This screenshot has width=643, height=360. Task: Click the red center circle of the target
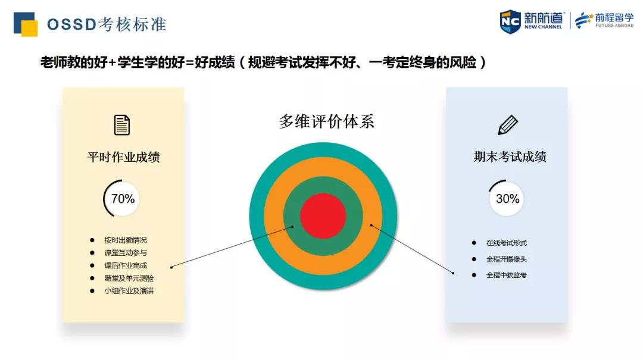pos(323,215)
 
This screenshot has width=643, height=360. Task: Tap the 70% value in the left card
pos(123,199)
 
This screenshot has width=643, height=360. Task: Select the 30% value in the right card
pos(508,199)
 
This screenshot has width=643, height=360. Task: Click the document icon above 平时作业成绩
pos(122,124)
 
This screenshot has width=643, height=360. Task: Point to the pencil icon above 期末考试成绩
pos(508,125)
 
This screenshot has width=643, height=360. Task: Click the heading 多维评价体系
pos(327,121)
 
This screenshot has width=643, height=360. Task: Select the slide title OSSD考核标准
pos(107,24)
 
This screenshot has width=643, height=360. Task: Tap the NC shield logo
pos(510,21)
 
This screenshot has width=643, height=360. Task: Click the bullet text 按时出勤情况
pos(126,240)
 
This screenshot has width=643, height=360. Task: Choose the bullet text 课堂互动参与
pos(126,253)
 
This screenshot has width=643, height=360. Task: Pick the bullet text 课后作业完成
pos(126,266)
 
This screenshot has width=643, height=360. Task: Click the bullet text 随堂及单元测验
pos(129,278)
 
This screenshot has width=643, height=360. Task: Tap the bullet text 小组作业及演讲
pos(129,291)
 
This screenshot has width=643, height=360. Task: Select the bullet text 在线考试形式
pos(507,243)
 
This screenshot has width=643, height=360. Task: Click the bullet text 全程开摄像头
pos(507,259)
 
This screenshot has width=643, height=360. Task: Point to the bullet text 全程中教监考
pos(507,275)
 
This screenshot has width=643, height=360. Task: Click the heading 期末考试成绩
pos(510,156)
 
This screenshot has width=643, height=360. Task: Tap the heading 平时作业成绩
pos(123,157)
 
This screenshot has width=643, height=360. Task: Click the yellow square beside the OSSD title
pos(30,29)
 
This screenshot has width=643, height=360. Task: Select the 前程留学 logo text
pos(614,18)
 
